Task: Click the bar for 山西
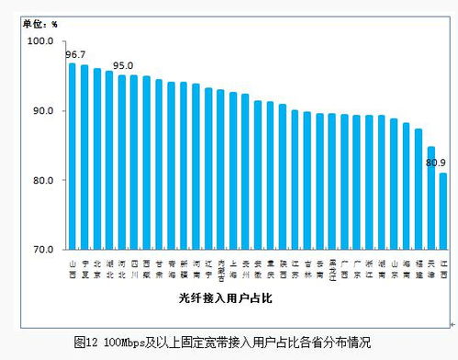click(73, 156)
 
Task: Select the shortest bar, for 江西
click(443, 210)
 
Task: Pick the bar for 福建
click(419, 188)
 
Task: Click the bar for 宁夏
click(84, 157)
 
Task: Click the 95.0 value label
click(122, 66)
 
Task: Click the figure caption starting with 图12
click(222, 343)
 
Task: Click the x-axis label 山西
click(73, 268)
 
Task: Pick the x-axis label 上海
click(233, 268)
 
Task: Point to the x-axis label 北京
click(97, 268)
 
